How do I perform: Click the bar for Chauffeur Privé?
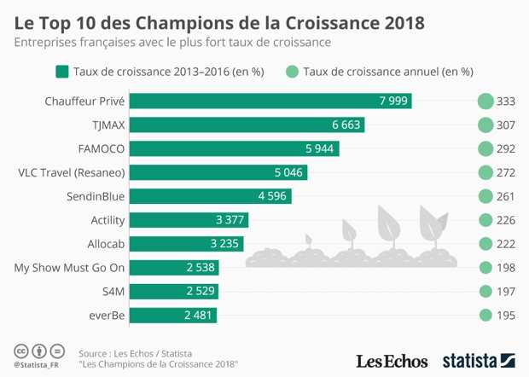[271, 101]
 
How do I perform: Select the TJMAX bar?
[247, 125]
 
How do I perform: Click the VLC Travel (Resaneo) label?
[72, 172]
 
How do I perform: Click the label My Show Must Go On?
[70, 268]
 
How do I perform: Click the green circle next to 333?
[485, 101]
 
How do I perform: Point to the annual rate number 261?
[506, 196]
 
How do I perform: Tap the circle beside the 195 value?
[485, 316]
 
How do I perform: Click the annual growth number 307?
[506, 125]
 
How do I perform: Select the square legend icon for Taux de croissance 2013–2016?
[61, 72]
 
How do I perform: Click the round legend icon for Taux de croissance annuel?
[294, 72]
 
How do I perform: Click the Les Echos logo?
[392, 358]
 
